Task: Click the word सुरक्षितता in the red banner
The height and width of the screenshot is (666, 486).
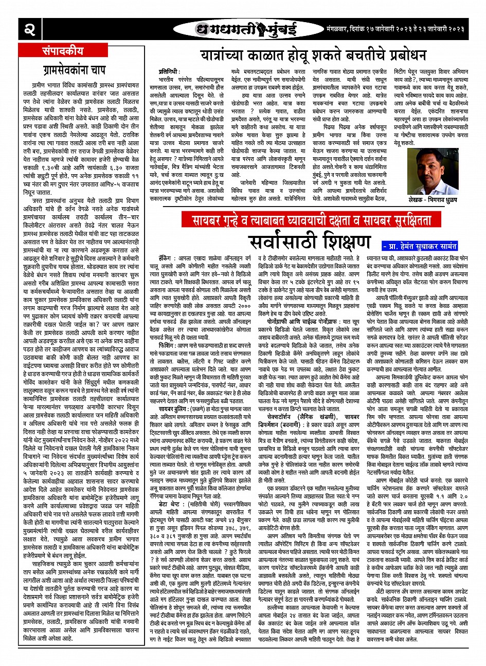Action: (433, 221)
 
